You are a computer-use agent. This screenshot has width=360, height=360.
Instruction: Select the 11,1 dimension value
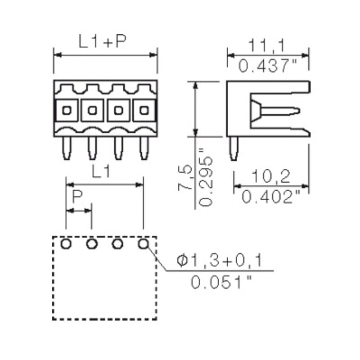point(268,45)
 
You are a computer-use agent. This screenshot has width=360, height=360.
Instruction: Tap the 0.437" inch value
point(268,67)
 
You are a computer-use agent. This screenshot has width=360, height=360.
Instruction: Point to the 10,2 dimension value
point(271,177)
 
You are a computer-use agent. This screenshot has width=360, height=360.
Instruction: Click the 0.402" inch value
point(271,197)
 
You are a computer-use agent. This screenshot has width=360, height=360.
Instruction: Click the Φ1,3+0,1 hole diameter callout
point(220,261)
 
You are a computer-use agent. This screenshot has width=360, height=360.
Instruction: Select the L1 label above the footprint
point(101,172)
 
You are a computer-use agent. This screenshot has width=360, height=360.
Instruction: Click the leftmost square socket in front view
point(67,110)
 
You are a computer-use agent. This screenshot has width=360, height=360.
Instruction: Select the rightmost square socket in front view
point(144,110)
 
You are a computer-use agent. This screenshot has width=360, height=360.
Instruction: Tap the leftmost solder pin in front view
point(67,148)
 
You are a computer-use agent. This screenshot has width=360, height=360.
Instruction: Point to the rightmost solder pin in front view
point(144,148)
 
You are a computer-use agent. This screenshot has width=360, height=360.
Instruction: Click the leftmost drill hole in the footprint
point(66,244)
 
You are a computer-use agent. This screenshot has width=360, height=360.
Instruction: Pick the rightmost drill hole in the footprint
point(144,244)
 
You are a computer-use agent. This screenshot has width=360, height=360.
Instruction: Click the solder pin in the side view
point(234,149)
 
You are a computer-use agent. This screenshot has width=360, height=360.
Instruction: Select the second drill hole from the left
point(92,244)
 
